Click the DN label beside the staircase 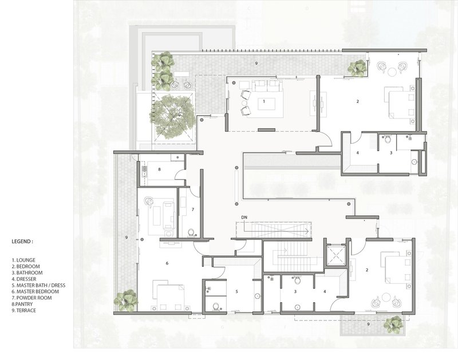(x=244, y=217)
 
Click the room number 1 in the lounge (x=264, y=101)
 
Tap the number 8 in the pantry (x=159, y=169)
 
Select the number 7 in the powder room (x=193, y=209)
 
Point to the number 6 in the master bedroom (x=167, y=263)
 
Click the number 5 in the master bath (x=237, y=291)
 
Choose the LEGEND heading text (x=22, y=242)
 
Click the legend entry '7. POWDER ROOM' (x=32, y=298)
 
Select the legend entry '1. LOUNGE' (x=23, y=260)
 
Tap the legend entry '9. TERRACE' (x=24, y=310)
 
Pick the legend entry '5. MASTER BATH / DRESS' (x=38, y=285)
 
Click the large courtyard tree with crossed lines (x=172, y=116)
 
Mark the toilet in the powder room (x=191, y=232)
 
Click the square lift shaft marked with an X (x=335, y=255)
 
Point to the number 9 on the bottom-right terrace (x=368, y=324)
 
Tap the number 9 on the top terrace (x=256, y=63)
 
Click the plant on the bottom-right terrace (x=393, y=325)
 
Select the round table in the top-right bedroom (x=392, y=72)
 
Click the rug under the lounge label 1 (x=266, y=104)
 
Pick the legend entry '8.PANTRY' (x=22, y=304)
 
